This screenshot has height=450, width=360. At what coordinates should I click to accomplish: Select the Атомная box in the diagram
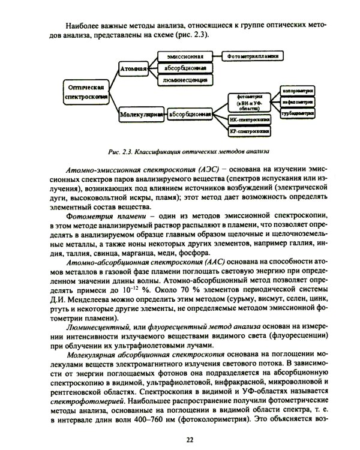click(134, 68)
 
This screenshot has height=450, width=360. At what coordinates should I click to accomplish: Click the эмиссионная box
click(184, 56)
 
